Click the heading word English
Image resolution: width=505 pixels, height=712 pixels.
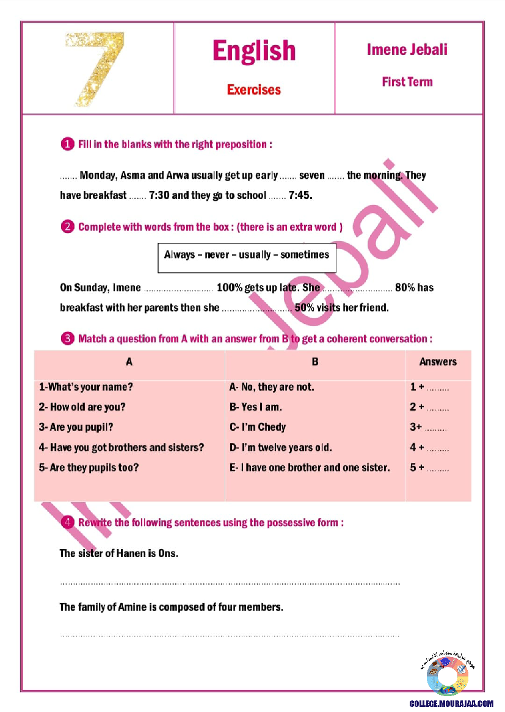pyautogui.click(x=254, y=51)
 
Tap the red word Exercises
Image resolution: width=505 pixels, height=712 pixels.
pyautogui.click(x=254, y=90)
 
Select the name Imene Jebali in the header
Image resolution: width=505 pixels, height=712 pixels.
pyautogui.click(x=407, y=49)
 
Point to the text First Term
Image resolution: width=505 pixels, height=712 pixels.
pyautogui.click(x=407, y=82)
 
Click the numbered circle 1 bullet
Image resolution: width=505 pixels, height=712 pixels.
pyautogui.click(x=67, y=145)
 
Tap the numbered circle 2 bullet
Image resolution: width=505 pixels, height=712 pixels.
pyautogui.click(x=67, y=227)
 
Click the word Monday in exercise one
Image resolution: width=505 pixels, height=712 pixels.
pyautogui.click(x=98, y=176)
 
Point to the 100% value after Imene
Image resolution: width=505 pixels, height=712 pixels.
pyautogui.click(x=230, y=287)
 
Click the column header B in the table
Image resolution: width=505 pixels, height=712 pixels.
pyautogui.click(x=315, y=362)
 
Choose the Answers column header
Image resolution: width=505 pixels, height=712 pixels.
pyautogui.click(x=438, y=362)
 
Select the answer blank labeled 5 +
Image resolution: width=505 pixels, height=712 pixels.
pyautogui.click(x=430, y=468)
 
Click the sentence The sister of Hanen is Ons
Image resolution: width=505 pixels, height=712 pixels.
pyautogui.click(x=118, y=554)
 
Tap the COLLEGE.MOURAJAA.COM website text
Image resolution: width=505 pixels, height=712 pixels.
pyautogui.click(x=451, y=703)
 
